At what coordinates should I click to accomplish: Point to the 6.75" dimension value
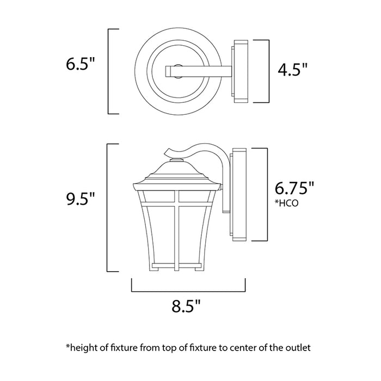(294, 188)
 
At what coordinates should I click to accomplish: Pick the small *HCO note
(286, 204)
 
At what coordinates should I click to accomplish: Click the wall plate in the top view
(240, 71)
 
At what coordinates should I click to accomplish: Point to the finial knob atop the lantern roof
(174, 160)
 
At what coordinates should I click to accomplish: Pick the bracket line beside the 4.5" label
(269, 71)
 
